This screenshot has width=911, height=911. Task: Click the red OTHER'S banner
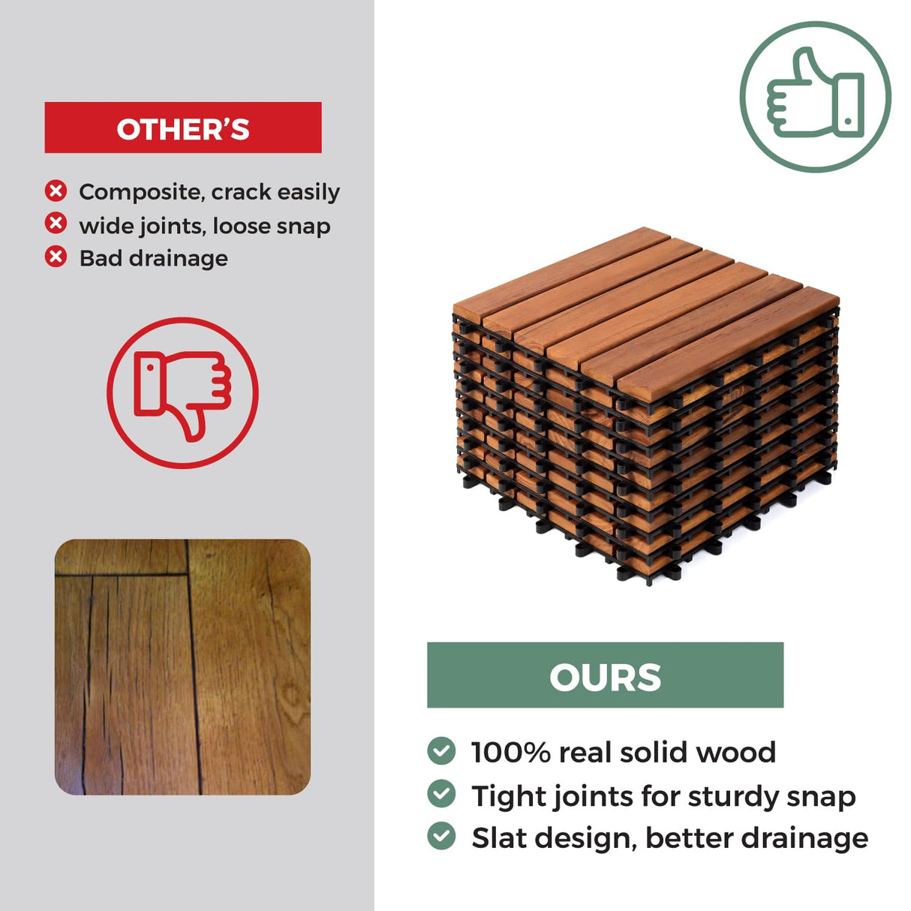(x=183, y=128)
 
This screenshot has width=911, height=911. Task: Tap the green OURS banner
(x=605, y=675)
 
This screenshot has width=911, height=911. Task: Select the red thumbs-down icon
(x=182, y=393)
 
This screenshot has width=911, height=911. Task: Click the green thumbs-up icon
(x=815, y=97)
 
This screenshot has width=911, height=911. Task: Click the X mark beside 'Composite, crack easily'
(x=56, y=191)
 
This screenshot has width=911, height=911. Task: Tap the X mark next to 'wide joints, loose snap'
(x=56, y=224)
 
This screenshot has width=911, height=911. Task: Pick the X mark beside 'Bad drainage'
(x=56, y=257)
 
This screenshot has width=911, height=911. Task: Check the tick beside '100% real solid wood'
(x=441, y=750)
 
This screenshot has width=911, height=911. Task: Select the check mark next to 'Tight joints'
(x=441, y=794)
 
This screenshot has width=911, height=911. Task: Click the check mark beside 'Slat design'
(x=441, y=836)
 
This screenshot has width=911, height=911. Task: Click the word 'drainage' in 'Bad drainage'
(x=179, y=259)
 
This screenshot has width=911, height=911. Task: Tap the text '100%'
(x=510, y=752)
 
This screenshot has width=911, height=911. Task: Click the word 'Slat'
(x=498, y=837)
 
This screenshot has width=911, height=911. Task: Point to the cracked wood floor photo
(x=182, y=666)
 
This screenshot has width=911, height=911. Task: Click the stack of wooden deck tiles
(x=645, y=405)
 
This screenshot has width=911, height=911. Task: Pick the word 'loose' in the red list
(x=239, y=226)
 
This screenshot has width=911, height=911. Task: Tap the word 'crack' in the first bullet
(x=241, y=192)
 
